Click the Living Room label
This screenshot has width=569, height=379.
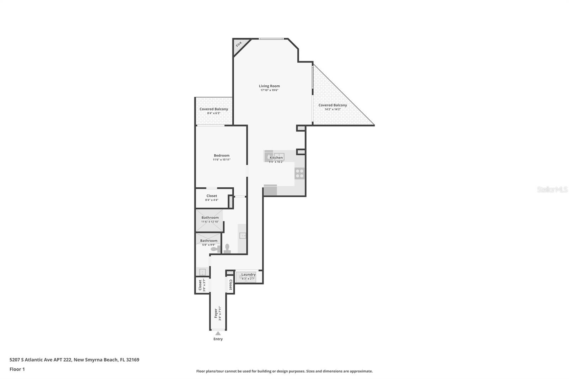point(269,86)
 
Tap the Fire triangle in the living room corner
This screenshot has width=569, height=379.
point(238,44)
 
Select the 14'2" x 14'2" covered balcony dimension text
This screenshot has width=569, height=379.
point(333,110)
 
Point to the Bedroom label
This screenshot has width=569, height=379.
point(222,155)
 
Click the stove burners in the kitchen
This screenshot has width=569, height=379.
point(300,173)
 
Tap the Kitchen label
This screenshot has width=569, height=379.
point(276,158)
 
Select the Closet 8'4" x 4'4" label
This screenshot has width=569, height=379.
point(212,196)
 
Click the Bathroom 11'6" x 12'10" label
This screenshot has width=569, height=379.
point(210,218)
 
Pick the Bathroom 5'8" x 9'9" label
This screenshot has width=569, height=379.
point(208,241)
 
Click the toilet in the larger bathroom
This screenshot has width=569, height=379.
point(227,248)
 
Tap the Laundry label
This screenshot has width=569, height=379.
point(248,274)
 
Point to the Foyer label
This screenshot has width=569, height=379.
point(216,313)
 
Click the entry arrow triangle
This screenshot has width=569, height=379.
point(218,333)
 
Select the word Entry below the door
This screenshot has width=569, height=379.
point(218,339)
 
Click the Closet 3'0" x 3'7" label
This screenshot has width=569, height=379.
point(200,285)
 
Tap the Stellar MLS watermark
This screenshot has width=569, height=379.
point(552,190)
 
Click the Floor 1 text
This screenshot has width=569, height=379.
point(17,369)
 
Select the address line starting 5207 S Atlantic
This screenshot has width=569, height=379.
point(74,359)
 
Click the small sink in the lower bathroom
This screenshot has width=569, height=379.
point(202,272)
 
